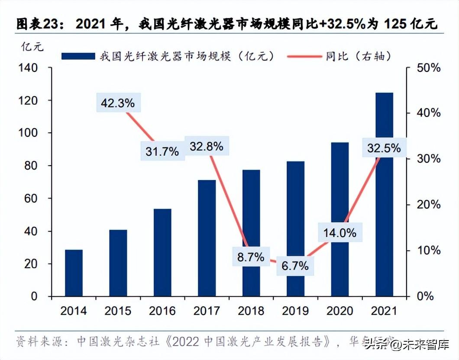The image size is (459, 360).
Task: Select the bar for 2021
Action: click(x=384, y=194)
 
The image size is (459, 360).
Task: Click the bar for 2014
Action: click(x=74, y=273)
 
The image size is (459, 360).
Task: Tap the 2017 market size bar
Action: click(x=207, y=238)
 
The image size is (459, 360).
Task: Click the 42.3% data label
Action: click(x=117, y=103)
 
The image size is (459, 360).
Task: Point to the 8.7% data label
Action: click(x=251, y=257)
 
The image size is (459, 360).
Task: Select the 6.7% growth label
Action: click(x=295, y=266)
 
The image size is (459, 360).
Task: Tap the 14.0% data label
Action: click(x=339, y=233)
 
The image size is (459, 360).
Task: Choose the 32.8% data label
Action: click(x=206, y=146)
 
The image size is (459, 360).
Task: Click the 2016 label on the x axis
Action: click(x=162, y=311)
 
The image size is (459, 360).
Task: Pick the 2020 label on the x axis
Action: click(x=339, y=311)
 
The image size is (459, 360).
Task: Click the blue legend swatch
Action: click(x=78, y=56)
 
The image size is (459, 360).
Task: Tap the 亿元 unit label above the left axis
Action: click(x=32, y=47)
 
